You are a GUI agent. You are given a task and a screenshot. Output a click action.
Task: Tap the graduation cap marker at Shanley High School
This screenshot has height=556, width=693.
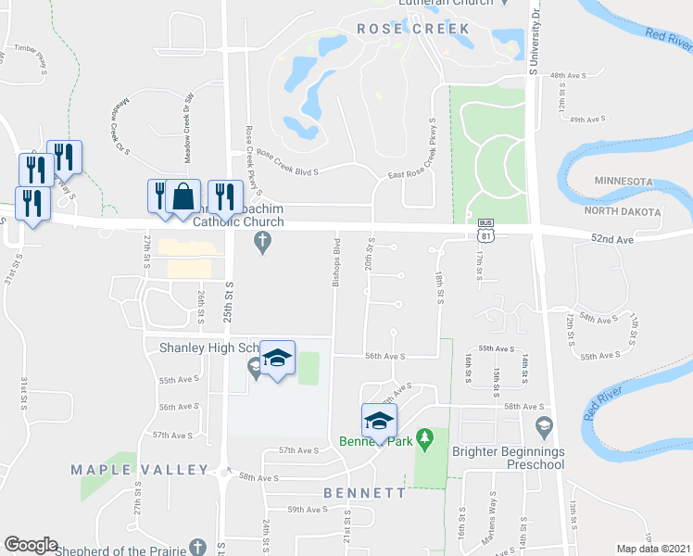click(x=276, y=359)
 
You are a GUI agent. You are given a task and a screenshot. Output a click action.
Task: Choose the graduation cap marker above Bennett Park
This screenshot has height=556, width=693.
click(x=378, y=422)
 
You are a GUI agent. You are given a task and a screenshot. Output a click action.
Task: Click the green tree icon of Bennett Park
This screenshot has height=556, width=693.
click(x=425, y=436)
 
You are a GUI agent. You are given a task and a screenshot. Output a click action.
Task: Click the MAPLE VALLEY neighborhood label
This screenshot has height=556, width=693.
click(x=140, y=470)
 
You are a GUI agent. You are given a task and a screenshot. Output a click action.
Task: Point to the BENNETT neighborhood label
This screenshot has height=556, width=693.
click(x=364, y=493)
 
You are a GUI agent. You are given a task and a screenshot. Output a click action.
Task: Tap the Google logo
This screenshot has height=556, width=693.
click(x=31, y=545)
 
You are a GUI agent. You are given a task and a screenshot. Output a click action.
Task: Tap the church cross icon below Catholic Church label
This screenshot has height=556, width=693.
click(x=262, y=243)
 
